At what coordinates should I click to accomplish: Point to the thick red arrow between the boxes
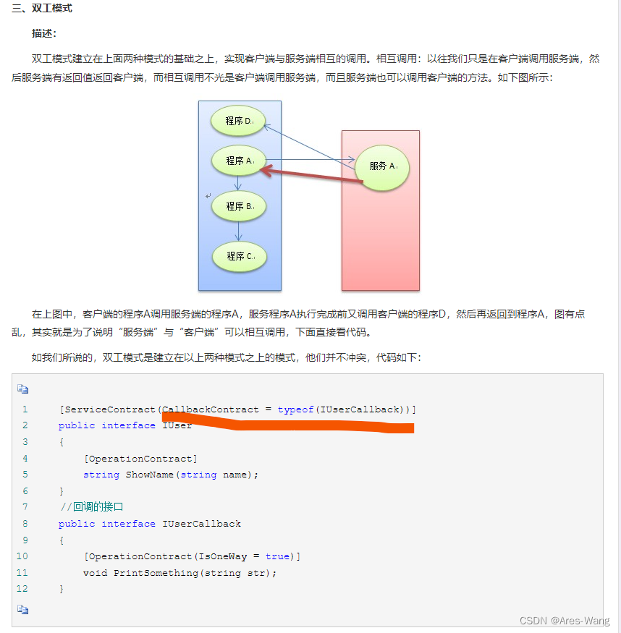(311, 176)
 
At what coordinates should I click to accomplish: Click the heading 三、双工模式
(42, 9)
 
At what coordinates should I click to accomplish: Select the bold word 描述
(44, 33)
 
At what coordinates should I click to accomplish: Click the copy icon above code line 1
(23, 388)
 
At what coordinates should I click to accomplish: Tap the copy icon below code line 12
(23, 610)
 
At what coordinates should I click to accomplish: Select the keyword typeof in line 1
(295, 409)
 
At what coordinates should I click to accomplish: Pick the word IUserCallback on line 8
(202, 524)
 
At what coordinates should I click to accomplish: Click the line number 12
(22, 589)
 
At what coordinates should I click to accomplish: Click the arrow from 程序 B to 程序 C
(238, 231)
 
